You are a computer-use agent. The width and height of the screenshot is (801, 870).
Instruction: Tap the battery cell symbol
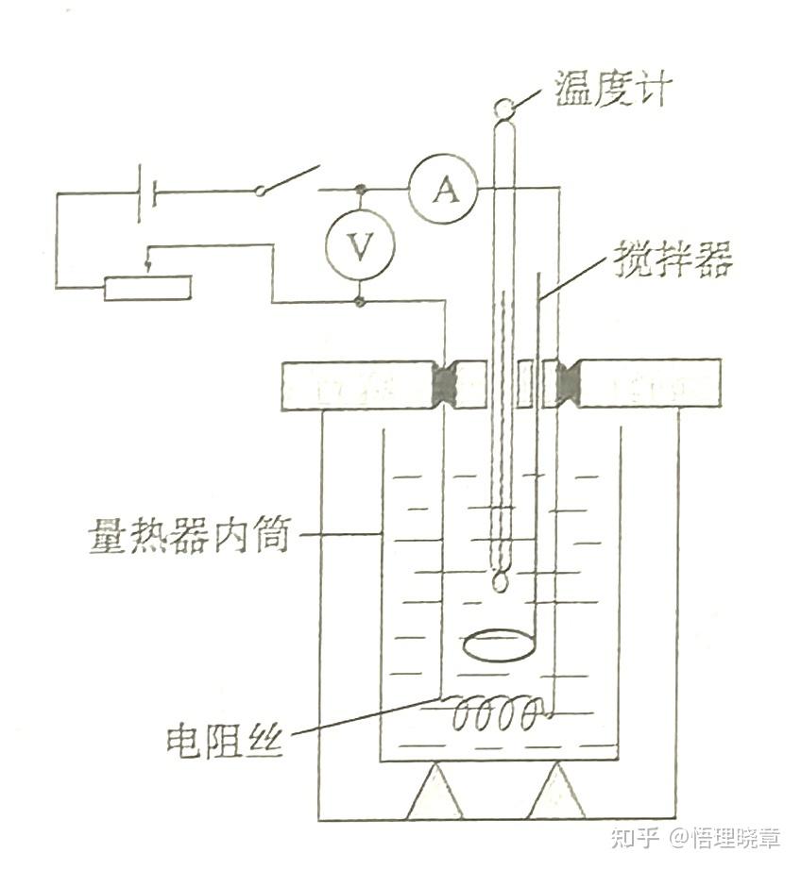[146, 192]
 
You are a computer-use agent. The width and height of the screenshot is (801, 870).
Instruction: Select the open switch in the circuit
[288, 180]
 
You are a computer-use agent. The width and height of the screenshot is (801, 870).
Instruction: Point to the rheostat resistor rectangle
[147, 288]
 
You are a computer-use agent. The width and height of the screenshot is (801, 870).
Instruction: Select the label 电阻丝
[224, 738]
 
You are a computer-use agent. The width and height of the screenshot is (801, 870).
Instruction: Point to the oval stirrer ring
[500, 646]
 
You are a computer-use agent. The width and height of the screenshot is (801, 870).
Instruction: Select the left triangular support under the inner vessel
[435, 794]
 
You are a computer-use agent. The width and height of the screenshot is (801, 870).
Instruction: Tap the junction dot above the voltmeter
[360, 190]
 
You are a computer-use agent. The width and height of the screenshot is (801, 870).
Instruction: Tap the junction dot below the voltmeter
[360, 302]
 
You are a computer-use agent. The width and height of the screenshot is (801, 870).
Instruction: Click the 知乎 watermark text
[634, 836]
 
